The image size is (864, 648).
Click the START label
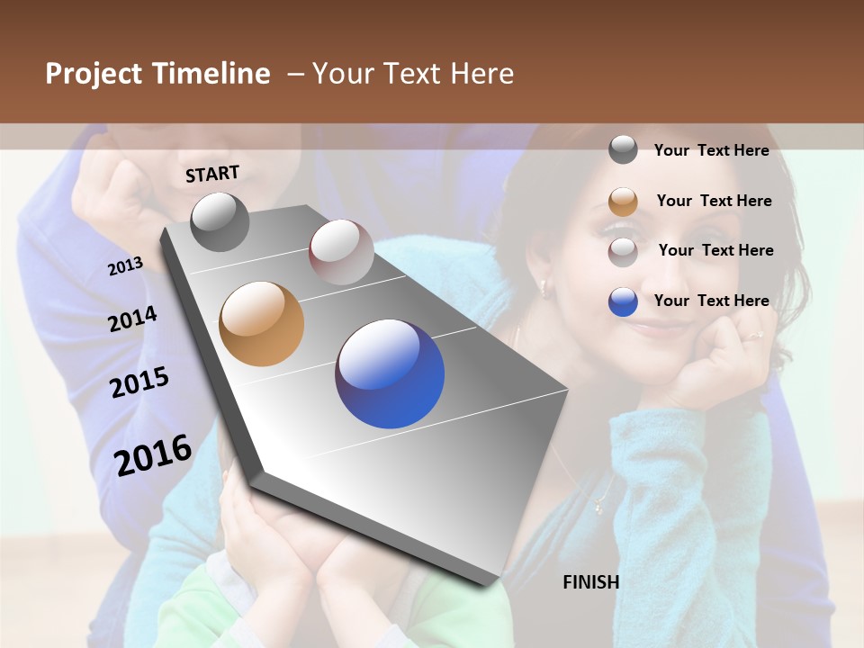point(212,174)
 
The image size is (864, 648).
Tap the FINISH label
point(590,582)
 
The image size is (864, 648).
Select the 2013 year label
point(125,266)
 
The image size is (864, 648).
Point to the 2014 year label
point(132,319)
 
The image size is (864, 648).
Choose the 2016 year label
point(153,455)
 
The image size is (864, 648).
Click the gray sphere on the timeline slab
point(220,221)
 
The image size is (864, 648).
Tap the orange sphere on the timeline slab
point(261,324)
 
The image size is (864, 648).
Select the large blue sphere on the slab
point(390,373)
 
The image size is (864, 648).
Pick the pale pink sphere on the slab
point(341,252)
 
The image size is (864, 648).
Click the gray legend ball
point(623,150)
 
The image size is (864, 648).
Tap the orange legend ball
point(623,202)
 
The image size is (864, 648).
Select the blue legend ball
point(623,301)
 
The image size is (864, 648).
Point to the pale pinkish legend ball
point(623,252)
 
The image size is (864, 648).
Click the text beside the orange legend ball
point(714,201)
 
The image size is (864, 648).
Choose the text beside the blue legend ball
point(711,301)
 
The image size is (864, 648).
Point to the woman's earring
point(543,288)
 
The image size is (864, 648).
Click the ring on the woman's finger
point(754,336)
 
